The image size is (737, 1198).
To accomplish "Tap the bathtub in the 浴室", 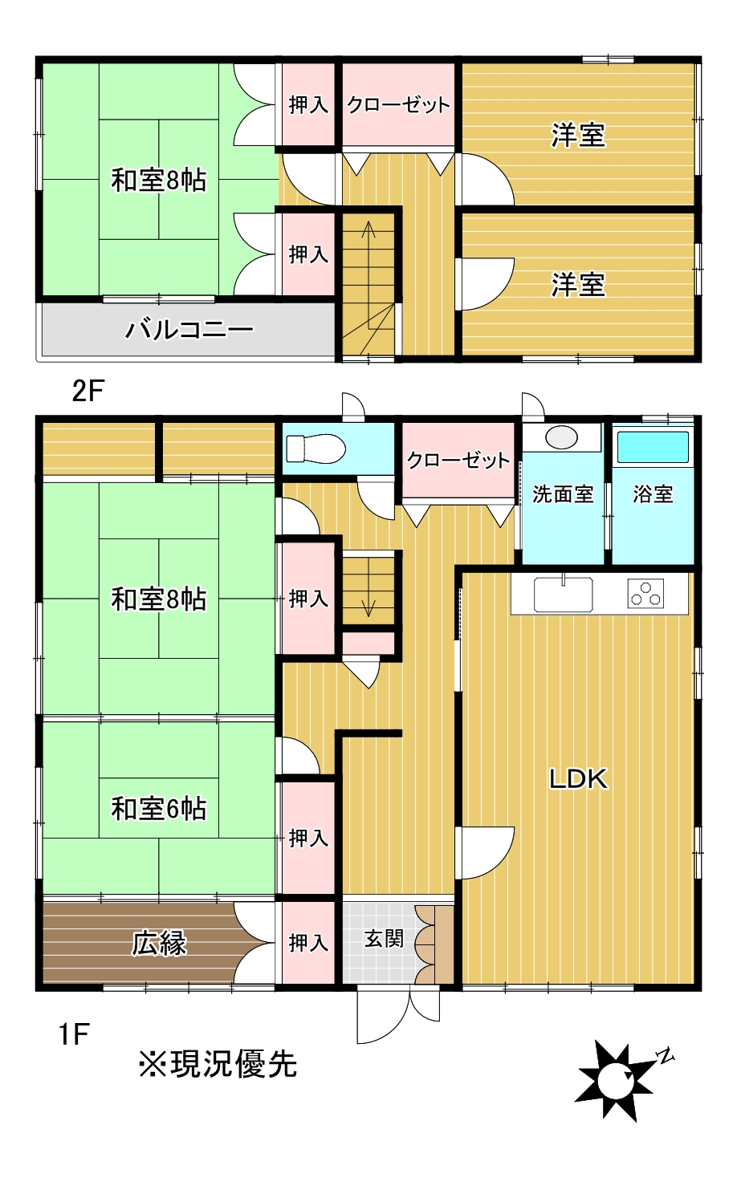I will [653, 447].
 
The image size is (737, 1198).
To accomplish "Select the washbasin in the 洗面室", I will [561, 437].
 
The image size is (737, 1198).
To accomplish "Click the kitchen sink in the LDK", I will [563, 595].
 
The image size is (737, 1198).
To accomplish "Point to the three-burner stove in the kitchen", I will [646, 594].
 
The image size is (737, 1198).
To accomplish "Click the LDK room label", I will [578, 778].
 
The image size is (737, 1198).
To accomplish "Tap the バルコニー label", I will [189, 329].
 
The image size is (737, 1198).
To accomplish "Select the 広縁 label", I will [159, 944].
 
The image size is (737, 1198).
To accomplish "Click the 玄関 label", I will [384, 938].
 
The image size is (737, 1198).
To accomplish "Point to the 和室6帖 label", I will [159, 808].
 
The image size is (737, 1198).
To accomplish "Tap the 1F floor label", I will [73, 1034].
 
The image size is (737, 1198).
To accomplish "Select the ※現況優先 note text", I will [218, 1064].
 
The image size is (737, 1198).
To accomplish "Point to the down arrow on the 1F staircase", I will [368, 606].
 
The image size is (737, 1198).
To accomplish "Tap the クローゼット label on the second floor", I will [398, 105].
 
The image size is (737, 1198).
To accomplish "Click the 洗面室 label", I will [563, 494].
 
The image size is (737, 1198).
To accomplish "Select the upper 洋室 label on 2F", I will [578, 135].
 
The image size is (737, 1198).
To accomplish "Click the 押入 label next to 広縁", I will [308, 942].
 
